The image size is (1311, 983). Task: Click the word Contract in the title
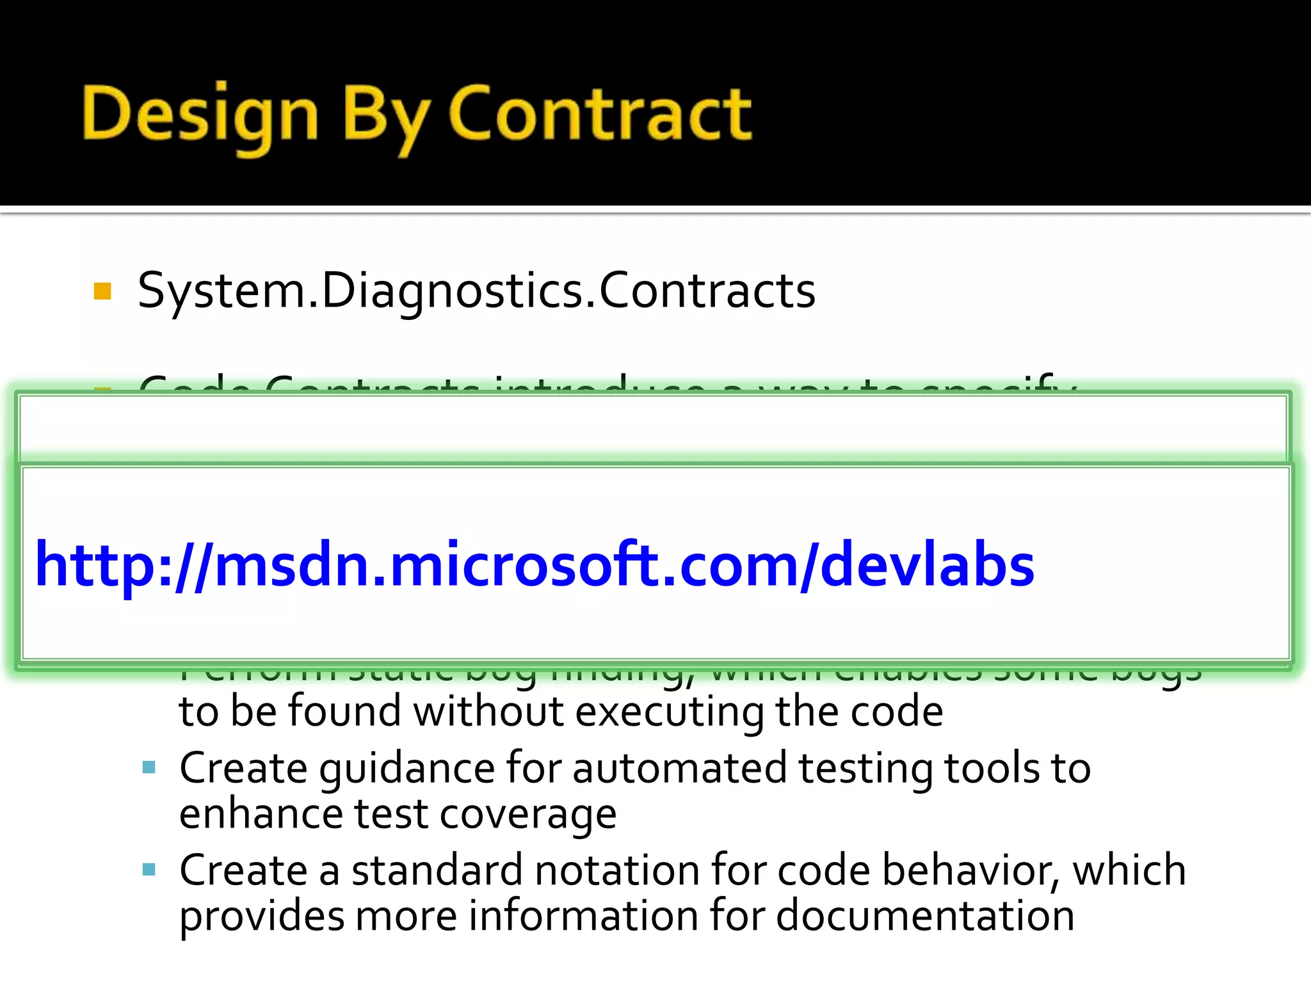coord(599,114)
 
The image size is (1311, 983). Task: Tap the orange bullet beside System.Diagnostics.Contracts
coord(102,292)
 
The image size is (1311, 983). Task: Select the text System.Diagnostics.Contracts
coord(476,292)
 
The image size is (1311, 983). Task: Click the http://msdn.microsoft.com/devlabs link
coord(534,564)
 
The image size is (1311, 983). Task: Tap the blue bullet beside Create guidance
coord(149,767)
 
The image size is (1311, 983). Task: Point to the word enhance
coord(261,814)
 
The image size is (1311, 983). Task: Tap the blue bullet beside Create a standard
coord(149,869)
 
